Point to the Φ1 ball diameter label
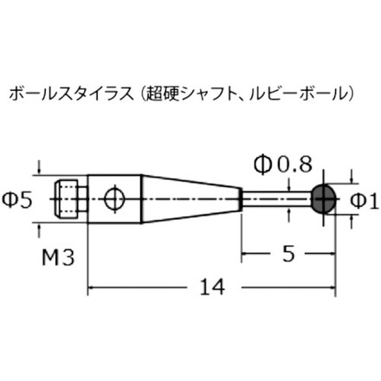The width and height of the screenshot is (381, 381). (x=365, y=201)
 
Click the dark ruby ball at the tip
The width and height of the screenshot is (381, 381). (x=324, y=198)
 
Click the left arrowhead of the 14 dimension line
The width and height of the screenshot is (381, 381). (x=92, y=290)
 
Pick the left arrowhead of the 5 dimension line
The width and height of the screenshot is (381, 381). (x=245, y=254)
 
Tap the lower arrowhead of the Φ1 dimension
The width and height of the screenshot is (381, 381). (x=350, y=217)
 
